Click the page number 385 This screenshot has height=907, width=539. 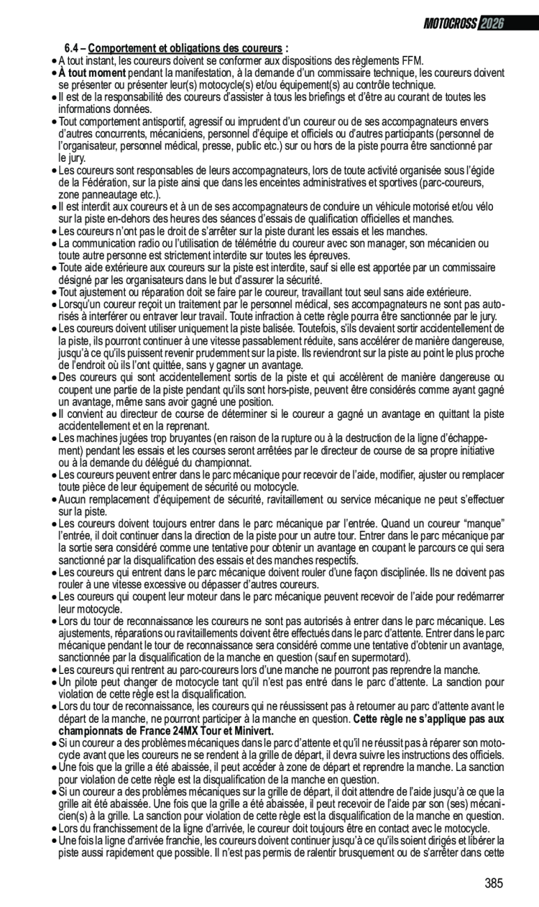pyautogui.click(x=494, y=883)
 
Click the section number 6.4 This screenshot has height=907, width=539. pyautogui.click(x=73, y=49)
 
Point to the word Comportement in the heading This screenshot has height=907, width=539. pyautogui.click(x=121, y=49)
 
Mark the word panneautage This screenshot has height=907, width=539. pyautogui.click(x=107, y=194)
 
